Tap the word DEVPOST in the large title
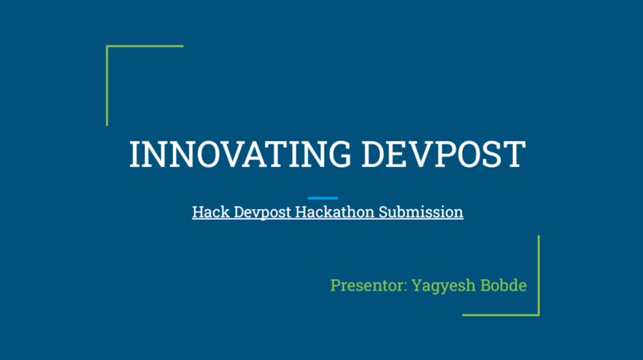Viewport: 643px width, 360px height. [x=443, y=154]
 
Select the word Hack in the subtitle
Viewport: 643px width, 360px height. [x=206, y=213]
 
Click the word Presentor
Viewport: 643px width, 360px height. [x=367, y=285]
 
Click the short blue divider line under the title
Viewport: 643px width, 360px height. [x=322, y=198]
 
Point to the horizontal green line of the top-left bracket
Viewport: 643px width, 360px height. [x=144, y=46]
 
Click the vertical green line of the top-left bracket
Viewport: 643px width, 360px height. [x=107, y=85]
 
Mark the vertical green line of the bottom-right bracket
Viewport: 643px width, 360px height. [x=538, y=275]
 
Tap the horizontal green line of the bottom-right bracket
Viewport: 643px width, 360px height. [x=500, y=315]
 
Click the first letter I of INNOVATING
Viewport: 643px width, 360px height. [x=134, y=154]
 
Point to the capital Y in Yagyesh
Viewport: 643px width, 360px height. [x=416, y=285]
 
